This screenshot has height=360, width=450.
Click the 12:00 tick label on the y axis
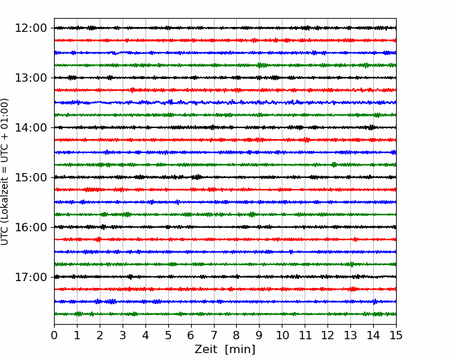(30, 28)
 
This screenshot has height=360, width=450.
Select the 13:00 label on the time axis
(30, 78)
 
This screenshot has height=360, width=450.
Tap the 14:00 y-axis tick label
(30, 127)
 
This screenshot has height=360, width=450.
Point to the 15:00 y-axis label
(30, 177)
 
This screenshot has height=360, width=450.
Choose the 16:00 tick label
(30, 227)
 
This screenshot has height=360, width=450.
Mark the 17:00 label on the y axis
(30, 277)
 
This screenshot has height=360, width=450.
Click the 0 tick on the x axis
(54, 335)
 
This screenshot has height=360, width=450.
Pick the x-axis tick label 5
(168, 335)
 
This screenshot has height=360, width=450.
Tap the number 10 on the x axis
(282, 335)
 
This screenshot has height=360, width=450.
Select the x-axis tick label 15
(396, 335)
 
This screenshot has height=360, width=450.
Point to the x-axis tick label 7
(214, 335)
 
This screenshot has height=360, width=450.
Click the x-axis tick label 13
(350, 335)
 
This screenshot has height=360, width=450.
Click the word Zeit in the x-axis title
(206, 350)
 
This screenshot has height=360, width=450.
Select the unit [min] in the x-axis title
(240, 350)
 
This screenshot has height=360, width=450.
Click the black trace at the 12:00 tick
(225, 28)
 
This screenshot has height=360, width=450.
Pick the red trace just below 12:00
(225, 40)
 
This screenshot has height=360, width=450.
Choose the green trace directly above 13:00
(225, 65)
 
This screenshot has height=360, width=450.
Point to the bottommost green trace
(225, 314)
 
